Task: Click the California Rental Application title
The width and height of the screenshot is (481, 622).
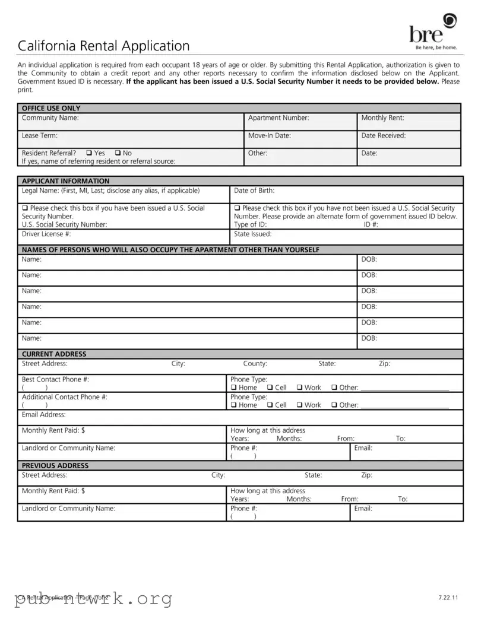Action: [x=103, y=46]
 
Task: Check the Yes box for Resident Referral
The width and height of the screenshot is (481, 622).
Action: [x=88, y=153]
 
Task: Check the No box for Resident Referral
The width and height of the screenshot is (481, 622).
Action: [x=118, y=153]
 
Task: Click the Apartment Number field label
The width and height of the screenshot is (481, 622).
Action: [x=278, y=118]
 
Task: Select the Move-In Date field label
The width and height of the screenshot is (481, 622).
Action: [x=269, y=136]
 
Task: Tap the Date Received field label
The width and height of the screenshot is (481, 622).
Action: [x=383, y=136]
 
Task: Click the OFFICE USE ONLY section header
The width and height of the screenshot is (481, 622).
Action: [x=51, y=109]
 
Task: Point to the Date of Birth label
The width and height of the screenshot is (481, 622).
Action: [x=254, y=191]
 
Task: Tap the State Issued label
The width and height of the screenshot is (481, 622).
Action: [x=252, y=234]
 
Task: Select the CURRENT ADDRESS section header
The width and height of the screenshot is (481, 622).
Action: [x=54, y=354]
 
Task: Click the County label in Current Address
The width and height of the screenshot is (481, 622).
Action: [x=255, y=364]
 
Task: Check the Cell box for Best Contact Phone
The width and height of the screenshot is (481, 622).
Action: [x=270, y=388]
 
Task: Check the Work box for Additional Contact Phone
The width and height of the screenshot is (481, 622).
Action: [x=300, y=405]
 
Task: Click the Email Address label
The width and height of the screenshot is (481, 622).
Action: [x=43, y=415]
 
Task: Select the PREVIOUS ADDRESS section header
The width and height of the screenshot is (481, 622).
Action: [x=55, y=466]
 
